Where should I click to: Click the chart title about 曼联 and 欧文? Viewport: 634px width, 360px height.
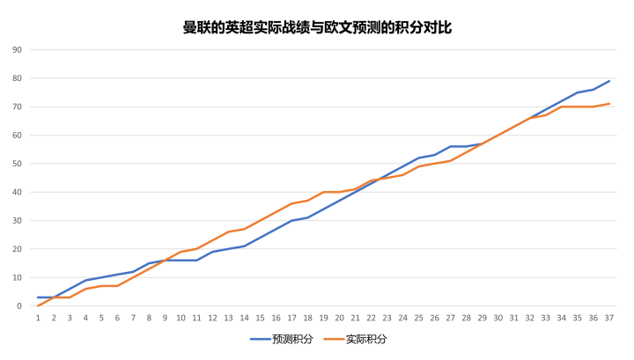click(317, 27)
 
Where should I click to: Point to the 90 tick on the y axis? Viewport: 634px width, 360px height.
click(17, 50)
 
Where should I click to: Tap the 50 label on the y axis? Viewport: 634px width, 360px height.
click(17, 164)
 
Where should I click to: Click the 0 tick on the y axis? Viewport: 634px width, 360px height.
click(19, 306)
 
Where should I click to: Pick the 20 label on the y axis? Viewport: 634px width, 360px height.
click(17, 249)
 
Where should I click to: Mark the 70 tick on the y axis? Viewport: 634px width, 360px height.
click(17, 107)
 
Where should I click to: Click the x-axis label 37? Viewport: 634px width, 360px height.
click(608, 318)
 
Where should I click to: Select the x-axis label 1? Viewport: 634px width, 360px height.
click(38, 318)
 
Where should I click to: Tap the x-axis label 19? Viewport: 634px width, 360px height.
click(323, 318)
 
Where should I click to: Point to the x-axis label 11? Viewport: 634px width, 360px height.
click(196, 318)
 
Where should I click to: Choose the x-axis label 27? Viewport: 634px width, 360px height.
click(450, 318)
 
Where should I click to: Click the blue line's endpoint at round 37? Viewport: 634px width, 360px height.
click(608, 81)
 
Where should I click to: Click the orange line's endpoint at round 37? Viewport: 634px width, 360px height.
click(608, 104)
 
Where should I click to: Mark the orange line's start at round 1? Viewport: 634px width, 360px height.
click(38, 305)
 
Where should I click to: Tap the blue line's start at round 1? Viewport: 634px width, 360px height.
click(38, 298)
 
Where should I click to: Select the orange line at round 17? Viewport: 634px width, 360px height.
click(291, 203)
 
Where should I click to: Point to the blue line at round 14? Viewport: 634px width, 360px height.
click(244, 246)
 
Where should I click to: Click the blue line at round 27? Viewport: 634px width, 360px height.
click(450, 146)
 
